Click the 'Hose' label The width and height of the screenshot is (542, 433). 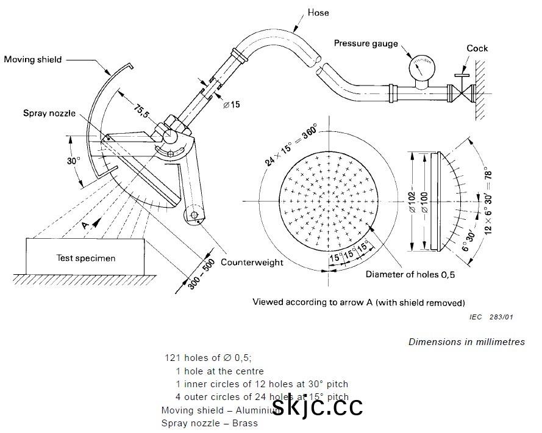pyautogui.click(x=319, y=12)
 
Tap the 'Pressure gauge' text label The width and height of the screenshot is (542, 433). pyautogui.click(x=366, y=43)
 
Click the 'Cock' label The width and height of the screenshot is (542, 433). pyautogui.click(x=477, y=48)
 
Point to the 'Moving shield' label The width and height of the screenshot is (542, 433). pyautogui.click(x=33, y=59)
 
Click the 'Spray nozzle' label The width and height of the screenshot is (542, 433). pyautogui.click(x=49, y=113)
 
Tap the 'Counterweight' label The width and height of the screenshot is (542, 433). pyautogui.click(x=252, y=262)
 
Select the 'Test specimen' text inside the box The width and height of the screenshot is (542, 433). pyautogui.click(x=85, y=258)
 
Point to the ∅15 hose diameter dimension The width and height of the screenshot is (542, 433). pyautogui.click(x=231, y=104)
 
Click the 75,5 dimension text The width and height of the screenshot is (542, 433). pyautogui.click(x=141, y=112)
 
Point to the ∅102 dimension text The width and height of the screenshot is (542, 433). pyautogui.click(x=412, y=202)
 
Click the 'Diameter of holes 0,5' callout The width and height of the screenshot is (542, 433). pyautogui.click(x=410, y=274)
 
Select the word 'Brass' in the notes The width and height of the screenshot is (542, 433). pyautogui.click(x=245, y=423)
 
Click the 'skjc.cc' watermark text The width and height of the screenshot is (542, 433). pyautogui.click(x=317, y=405)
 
